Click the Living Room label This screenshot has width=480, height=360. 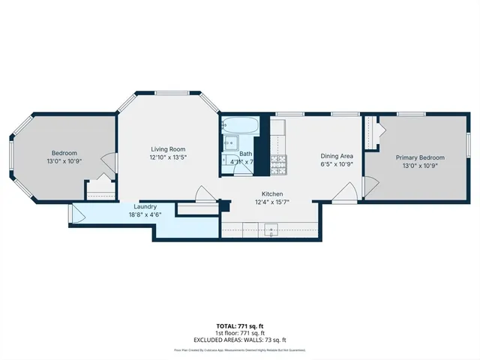click(x=166, y=149)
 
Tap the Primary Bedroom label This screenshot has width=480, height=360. click(x=420, y=157)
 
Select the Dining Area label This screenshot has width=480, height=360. click(x=337, y=155)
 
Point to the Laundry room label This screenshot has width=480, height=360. click(x=145, y=206)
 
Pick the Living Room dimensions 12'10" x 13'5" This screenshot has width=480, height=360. click(x=166, y=157)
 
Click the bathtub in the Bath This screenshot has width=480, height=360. click(x=241, y=124)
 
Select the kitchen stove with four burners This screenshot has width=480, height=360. click(x=279, y=163)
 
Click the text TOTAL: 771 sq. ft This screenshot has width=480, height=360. click(x=240, y=325)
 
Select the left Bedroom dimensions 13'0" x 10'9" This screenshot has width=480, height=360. click(x=64, y=161)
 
